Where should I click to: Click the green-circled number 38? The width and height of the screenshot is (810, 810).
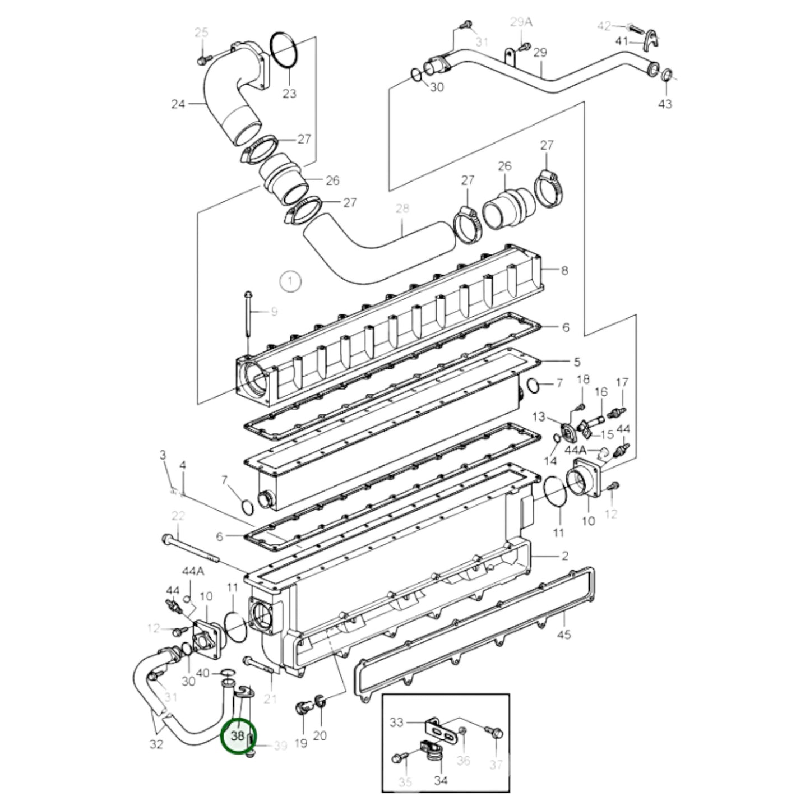click(x=237, y=735)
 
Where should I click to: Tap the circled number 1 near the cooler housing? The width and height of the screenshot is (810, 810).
click(x=290, y=281)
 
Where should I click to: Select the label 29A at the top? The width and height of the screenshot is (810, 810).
click(x=521, y=22)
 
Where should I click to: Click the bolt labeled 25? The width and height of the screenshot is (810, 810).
click(x=203, y=58)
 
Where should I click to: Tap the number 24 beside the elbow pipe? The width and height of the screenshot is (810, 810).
click(x=178, y=104)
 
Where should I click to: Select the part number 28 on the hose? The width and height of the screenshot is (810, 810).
click(x=402, y=209)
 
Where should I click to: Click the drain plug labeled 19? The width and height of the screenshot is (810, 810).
click(x=302, y=709)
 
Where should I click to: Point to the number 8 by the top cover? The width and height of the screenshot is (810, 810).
click(x=564, y=270)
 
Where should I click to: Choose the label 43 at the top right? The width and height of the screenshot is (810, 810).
click(x=665, y=104)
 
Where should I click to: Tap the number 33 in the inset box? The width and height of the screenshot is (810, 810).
click(x=396, y=722)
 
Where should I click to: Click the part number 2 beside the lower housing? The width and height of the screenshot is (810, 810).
click(x=564, y=556)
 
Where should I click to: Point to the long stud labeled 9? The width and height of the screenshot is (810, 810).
click(x=248, y=320)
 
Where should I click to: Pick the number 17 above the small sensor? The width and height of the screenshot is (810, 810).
click(x=622, y=383)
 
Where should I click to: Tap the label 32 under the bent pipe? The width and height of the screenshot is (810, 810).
click(x=156, y=744)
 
